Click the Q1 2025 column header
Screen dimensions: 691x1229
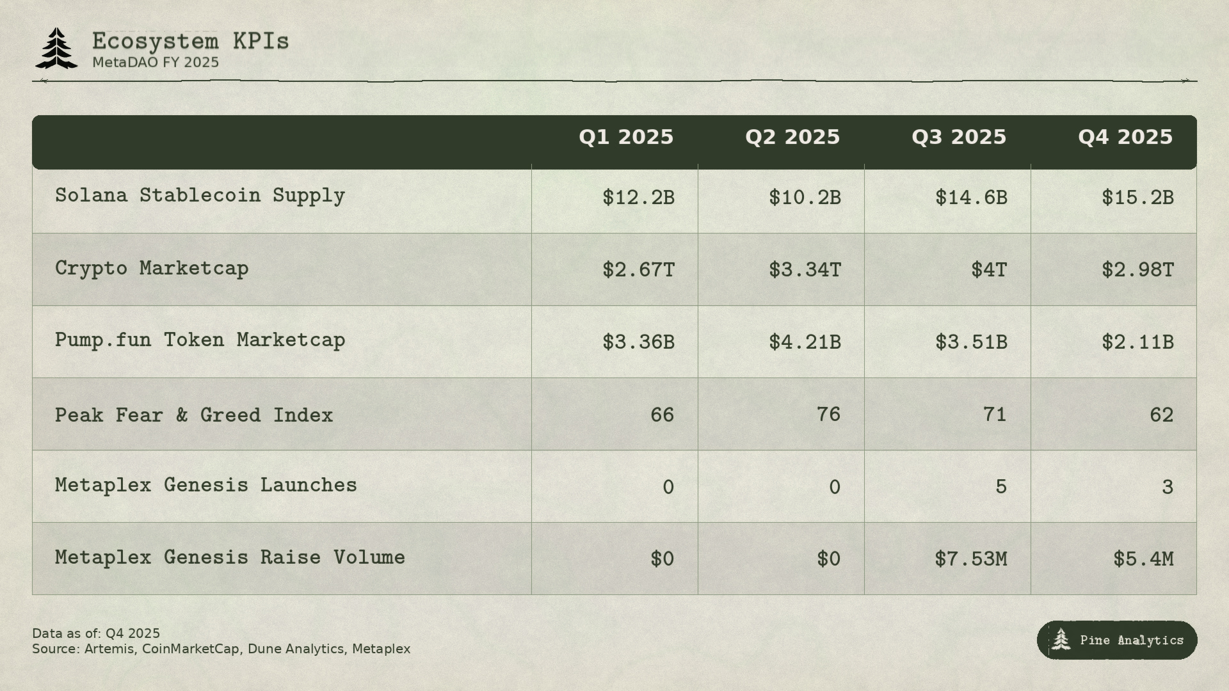(x=625, y=138)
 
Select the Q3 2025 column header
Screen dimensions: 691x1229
(x=958, y=138)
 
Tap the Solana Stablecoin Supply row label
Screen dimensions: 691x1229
(x=200, y=196)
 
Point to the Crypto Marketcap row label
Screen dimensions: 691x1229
(x=152, y=268)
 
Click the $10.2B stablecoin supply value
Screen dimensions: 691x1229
(x=805, y=198)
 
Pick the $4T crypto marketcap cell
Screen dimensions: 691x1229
(x=988, y=270)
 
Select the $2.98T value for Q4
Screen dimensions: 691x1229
(x=1137, y=270)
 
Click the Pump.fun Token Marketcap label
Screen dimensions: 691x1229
(x=200, y=340)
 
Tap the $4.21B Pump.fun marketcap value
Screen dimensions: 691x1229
(x=805, y=342)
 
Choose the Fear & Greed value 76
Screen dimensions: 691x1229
(x=828, y=415)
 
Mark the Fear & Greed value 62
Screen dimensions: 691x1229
(x=1161, y=415)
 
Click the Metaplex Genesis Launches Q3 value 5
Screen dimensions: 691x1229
(x=1000, y=487)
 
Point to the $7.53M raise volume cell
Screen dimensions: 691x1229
(x=970, y=559)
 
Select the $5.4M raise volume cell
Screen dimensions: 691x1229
(x=1143, y=559)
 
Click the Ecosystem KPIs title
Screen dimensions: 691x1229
(x=190, y=42)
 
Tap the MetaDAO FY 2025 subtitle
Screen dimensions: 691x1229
(x=156, y=63)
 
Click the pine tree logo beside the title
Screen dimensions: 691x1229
(x=56, y=49)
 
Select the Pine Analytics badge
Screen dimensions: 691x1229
(x=1117, y=640)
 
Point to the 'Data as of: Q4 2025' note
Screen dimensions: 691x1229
(x=96, y=633)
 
